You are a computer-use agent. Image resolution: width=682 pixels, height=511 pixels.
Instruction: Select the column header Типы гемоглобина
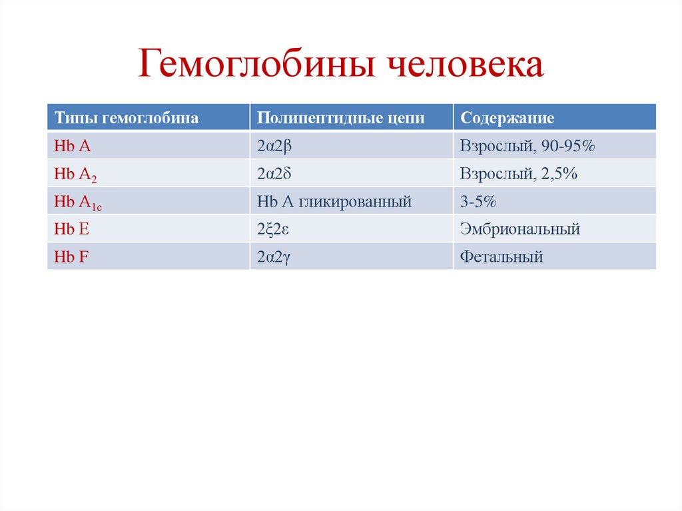(x=127, y=118)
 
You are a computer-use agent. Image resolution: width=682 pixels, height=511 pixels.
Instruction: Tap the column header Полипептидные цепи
(x=340, y=118)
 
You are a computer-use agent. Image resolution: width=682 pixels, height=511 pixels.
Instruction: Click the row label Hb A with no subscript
(x=73, y=146)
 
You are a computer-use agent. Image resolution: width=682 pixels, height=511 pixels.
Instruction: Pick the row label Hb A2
(x=75, y=175)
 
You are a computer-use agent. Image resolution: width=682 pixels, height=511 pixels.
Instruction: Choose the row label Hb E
(x=72, y=229)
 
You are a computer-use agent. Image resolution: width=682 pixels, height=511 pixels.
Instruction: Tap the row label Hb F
(x=71, y=256)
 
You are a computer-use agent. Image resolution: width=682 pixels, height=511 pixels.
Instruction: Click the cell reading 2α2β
(x=274, y=146)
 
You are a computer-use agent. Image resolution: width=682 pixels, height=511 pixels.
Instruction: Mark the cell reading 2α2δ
(x=275, y=174)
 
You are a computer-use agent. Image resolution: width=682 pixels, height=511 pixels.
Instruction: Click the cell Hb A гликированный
(x=334, y=201)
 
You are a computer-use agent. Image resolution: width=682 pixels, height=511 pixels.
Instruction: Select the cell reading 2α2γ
(x=274, y=257)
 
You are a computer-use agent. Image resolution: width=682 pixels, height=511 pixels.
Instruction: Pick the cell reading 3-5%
(x=478, y=201)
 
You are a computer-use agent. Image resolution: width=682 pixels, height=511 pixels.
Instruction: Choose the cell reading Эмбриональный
(x=519, y=229)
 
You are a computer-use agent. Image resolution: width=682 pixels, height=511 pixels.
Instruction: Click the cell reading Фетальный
(x=501, y=256)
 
